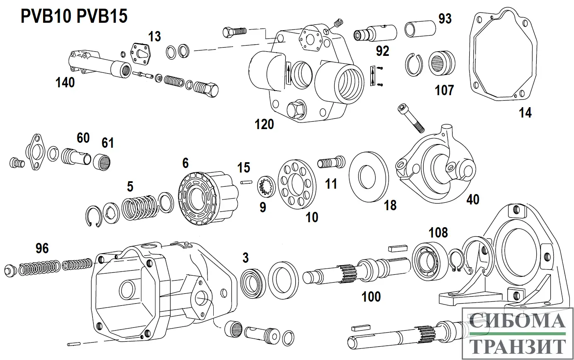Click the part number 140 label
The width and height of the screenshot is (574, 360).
(x=65, y=83)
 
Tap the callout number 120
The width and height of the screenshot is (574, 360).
(x=264, y=124)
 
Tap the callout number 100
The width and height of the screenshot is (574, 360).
(x=371, y=296)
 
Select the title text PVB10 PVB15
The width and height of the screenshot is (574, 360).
(x=74, y=17)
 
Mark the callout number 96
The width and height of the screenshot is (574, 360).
(x=42, y=248)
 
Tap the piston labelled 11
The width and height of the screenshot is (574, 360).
(x=331, y=162)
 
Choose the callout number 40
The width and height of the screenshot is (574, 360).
(x=473, y=199)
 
